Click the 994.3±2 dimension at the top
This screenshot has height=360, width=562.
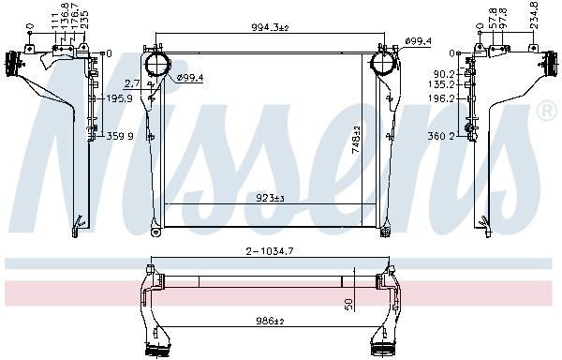(x=270, y=27)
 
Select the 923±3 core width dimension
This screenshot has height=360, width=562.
(x=270, y=198)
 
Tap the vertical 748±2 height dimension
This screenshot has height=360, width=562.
(x=356, y=140)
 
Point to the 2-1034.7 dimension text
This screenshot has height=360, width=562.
(x=270, y=251)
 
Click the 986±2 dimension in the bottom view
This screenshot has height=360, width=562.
(x=270, y=321)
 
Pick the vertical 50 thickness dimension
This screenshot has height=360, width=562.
(x=349, y=304)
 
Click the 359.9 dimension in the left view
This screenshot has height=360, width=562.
(x=120, y=136)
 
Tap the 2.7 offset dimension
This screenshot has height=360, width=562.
(x=132, y=84)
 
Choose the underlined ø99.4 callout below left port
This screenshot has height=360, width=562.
(x=190, y=77)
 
